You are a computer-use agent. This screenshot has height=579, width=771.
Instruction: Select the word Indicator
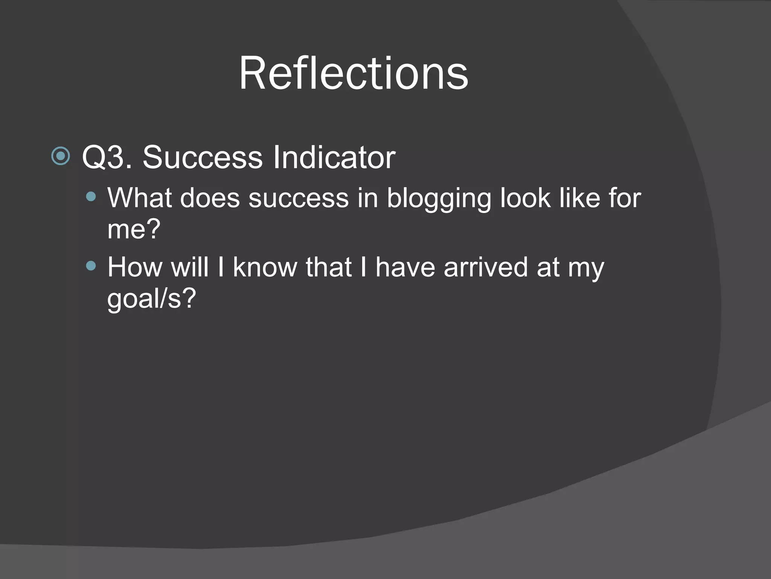click(x=334, y=157)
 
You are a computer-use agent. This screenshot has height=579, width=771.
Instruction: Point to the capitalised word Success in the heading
click(x=203, y=157)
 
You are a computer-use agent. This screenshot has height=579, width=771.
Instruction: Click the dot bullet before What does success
click(x=91, y=197)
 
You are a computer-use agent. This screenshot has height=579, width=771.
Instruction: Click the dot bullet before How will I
click(x=91, y=266)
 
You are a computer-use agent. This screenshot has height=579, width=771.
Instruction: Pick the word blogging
click(x=439, y=199)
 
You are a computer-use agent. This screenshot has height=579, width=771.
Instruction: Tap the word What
click(x=140, y=198)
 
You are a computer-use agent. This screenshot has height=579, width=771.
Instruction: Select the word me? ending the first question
click(x=134, y=229)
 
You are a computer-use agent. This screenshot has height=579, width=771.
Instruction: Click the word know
click(x=265, y=267)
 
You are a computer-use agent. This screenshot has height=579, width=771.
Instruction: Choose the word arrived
click(x=486, y=267)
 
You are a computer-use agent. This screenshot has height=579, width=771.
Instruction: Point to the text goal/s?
click(x=152, y=299)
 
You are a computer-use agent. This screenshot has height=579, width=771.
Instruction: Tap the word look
click(x=526, y=198)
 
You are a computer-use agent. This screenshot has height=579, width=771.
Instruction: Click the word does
click(x=210, y=198)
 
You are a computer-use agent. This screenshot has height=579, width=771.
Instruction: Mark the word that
click(x=329, y=267)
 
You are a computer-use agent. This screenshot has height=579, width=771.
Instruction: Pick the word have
click(x=405, y=267)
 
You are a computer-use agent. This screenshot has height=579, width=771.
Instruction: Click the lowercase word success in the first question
click(x=299, y=198)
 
